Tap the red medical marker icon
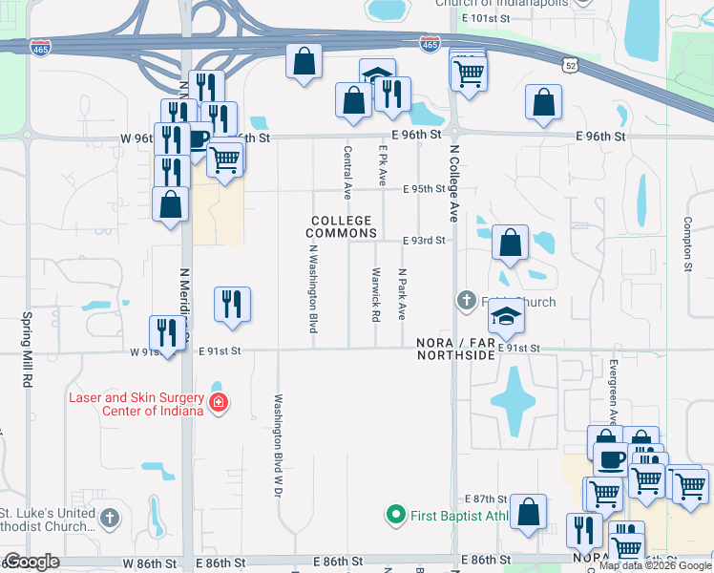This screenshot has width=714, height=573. pyautogui.click(x=219, y=403)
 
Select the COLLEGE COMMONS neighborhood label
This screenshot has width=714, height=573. pyautogui.click(x=340, y=226)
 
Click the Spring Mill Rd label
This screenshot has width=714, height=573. pyautogui.click(x=28, y=349)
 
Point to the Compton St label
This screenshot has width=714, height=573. pyautogui.click(x=686, y=243)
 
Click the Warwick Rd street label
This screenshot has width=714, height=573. pyautogui.click(x=375, y=298)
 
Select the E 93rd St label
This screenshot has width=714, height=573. pyautogui.click(x=424, y=241)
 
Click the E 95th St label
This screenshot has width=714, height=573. pyautogui.click(x=424, y=189)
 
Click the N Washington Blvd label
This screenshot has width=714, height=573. pyautogui.click(x=313, y=287)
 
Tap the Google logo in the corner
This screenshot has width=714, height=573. pyautogui.click(x=31, y=562)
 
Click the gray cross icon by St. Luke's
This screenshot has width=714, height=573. pyautogui.click(x=110, y=518)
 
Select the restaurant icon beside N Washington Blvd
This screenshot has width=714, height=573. pyautogui.click(x=233, y=305)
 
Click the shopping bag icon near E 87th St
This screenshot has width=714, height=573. pyautogui.click(x=528, y=512)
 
